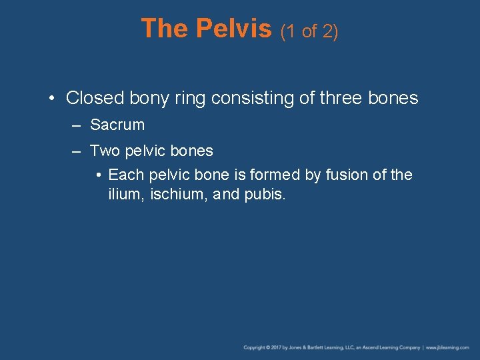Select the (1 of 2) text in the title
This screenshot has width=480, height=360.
309,31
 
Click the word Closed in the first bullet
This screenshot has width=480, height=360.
95,98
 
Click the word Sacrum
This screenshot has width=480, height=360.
117,125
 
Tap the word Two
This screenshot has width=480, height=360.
104,151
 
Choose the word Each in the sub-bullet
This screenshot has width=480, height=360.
124,175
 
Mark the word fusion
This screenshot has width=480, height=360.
339,175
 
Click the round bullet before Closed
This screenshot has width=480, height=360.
52,99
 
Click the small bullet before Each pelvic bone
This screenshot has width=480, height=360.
98,175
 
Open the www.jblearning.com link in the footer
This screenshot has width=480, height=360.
448,347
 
